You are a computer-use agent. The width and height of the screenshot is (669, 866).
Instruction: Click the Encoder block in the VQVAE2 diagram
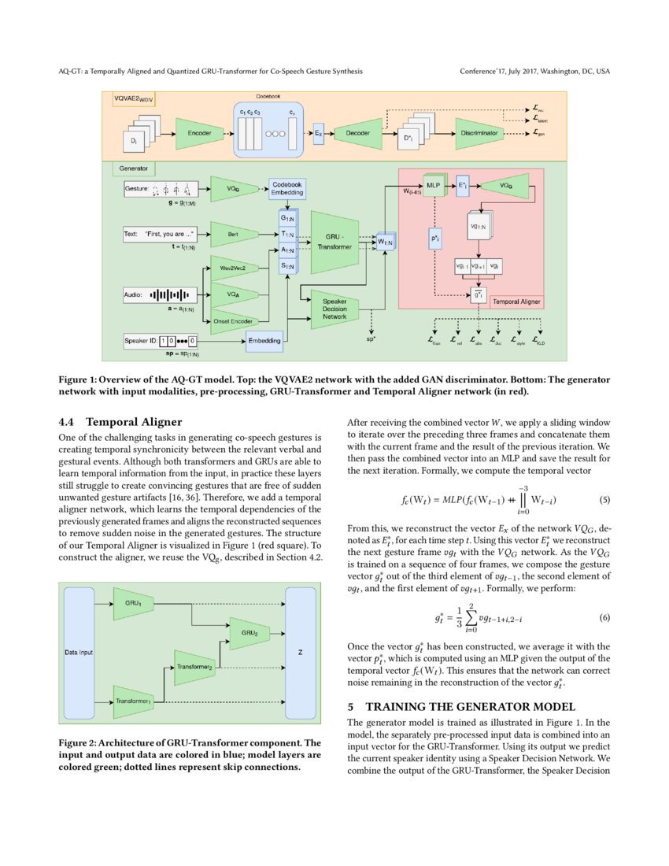(198, 134)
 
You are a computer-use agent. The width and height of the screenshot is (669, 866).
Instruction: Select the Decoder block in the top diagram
(357, 134)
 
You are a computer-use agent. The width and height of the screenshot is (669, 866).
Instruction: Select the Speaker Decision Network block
(335, 307)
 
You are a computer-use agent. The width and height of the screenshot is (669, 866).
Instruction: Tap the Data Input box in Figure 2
(78, 653)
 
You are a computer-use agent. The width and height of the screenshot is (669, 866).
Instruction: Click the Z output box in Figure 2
(300, 653)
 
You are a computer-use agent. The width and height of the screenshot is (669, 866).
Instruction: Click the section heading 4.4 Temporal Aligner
(120, 421)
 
